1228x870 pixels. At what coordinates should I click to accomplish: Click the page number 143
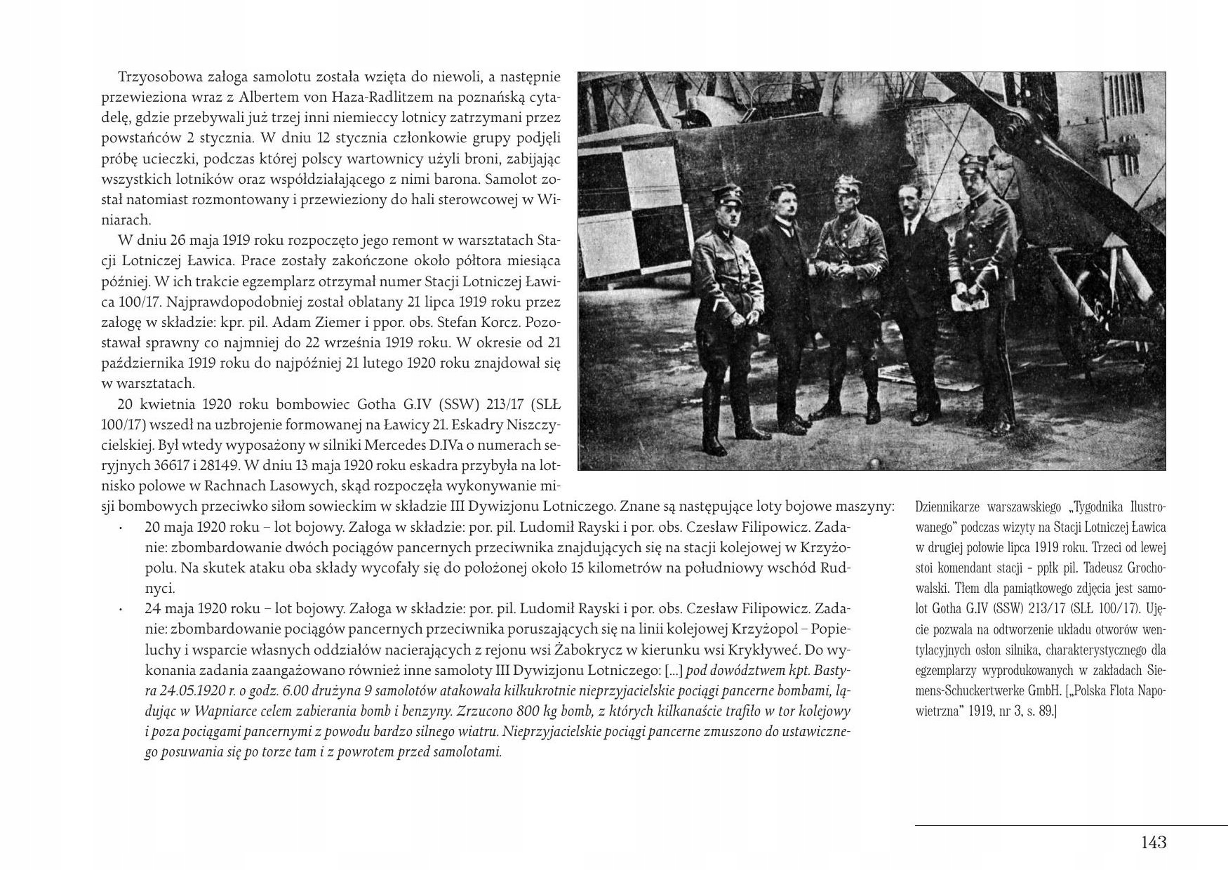[x=1154, y=843]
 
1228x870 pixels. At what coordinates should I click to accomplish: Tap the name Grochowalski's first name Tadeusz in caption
[x=1093, y=565]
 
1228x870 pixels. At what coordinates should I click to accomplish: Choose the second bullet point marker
[x=121, y=608]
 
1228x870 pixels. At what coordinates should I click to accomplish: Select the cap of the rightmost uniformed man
[x=973, y=165]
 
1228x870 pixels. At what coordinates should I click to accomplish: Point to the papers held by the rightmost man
[x=969, y=300]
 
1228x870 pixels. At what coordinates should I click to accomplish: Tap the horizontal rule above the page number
[x=1070, y=825]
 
